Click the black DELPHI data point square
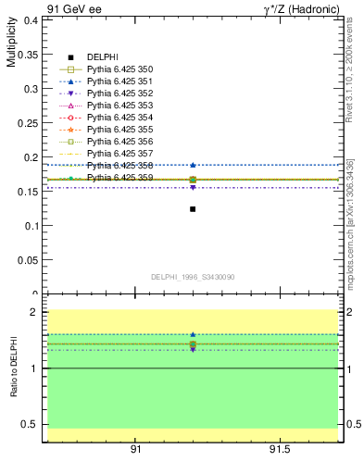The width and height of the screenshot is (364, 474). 193,209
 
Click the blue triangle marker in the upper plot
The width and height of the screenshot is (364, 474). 193,165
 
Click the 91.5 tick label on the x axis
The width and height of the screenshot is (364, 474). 280,449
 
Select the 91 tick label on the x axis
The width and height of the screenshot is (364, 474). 135,449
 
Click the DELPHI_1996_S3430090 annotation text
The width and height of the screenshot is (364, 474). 192,277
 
